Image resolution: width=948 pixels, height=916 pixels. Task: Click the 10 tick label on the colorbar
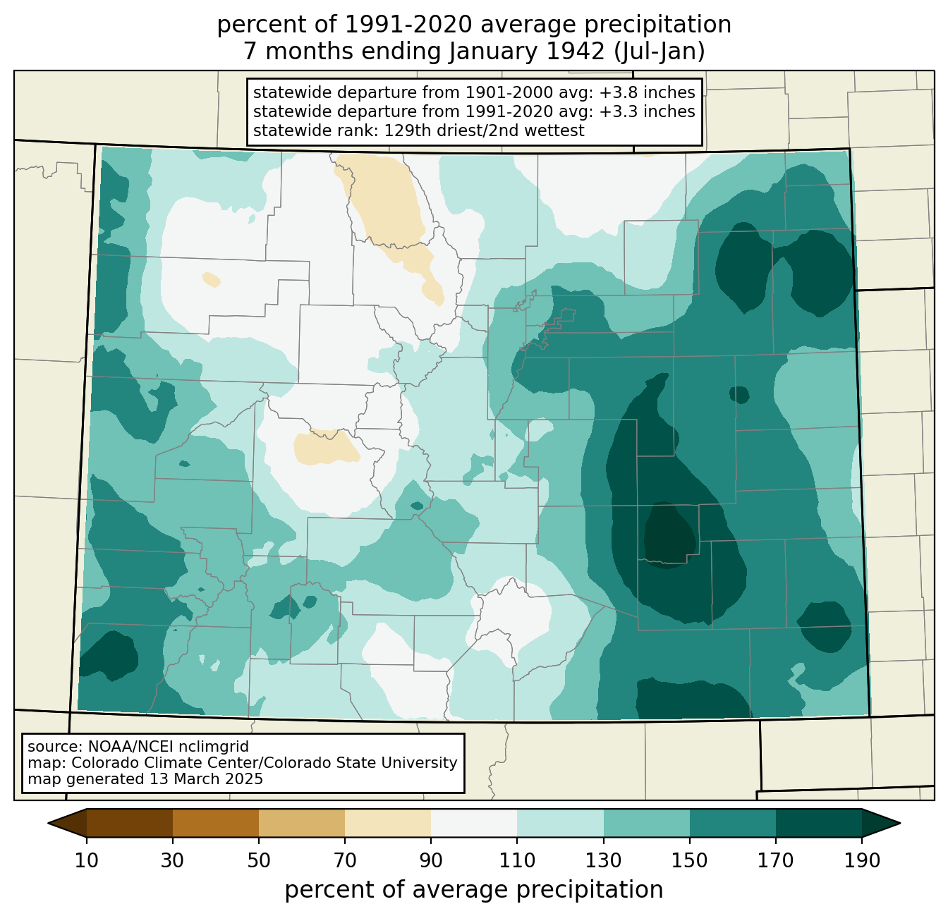point(86,860)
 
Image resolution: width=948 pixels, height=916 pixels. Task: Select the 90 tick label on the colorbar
point(431,860)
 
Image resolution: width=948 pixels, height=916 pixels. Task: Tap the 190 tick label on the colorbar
point(862,860)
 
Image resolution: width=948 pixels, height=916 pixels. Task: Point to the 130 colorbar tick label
point(603,860)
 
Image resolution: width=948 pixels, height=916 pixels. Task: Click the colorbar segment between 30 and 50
point(215,823)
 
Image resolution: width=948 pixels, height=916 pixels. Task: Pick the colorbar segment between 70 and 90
point(388,823)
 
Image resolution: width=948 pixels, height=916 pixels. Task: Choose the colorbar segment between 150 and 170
point(732,823)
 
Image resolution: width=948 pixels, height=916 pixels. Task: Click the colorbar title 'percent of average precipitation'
point(473,890)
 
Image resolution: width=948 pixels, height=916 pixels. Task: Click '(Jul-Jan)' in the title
point(659,51)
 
